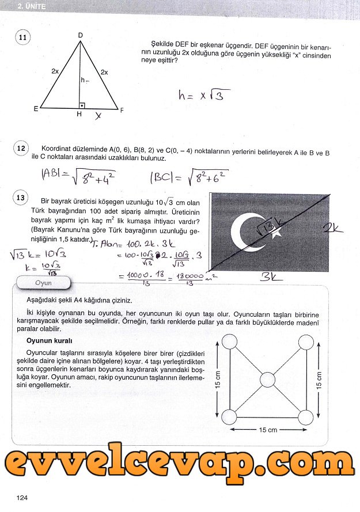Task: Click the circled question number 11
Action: click(x=22, y=38)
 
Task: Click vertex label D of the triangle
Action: click(x=80, y=36)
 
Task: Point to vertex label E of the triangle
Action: click(x=36, y=108)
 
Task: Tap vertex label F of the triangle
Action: click(x=122, y=109)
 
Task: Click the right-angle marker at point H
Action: click(x=82, y=105)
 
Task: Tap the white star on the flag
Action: click(x=275, y=232)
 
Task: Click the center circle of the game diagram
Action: click(x=268, y=380)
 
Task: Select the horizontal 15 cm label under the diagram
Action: click(x=268, y=430)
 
